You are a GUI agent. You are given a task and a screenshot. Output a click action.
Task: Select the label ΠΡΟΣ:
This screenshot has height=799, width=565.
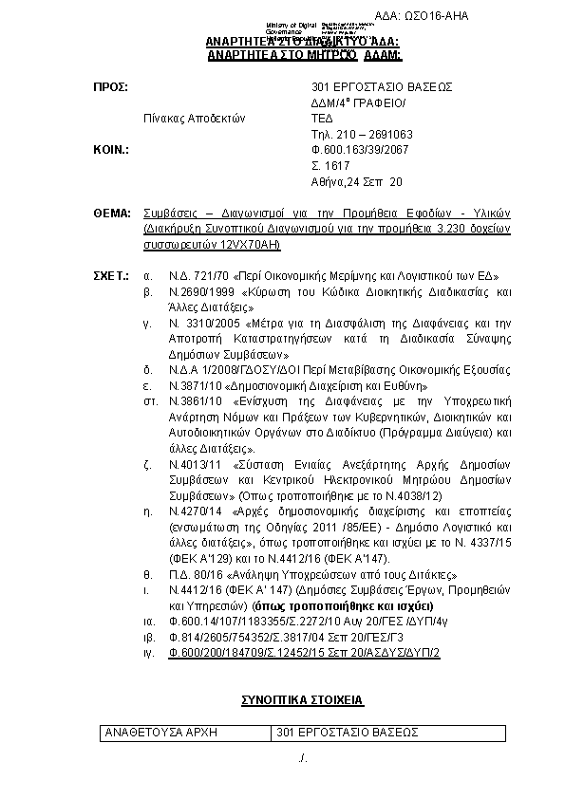(x=109, y=86)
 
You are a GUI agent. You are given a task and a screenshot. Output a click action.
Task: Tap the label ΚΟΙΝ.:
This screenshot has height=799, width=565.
(x=110, y=150)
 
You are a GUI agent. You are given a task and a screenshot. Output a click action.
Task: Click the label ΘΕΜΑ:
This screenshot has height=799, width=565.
(x=111, y=214)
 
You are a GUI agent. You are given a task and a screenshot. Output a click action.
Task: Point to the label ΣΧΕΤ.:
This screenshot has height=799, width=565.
(x=110, y=275)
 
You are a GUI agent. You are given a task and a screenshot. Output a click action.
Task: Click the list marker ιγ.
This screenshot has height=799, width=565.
(x=147, y=653)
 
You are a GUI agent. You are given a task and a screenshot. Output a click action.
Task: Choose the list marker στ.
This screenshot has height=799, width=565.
(x=149, y=401)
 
